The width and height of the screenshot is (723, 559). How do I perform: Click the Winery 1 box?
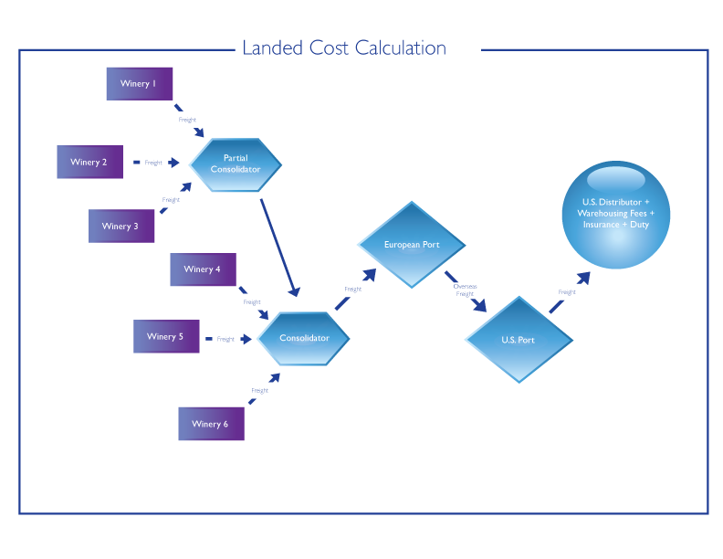pos(139,84)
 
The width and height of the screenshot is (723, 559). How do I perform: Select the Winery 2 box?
pos(89,162)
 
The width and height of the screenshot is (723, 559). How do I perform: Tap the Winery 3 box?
pos(120,226)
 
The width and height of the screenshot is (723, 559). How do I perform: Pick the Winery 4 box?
pos(203,269)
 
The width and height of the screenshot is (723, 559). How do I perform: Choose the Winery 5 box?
pos(165,336)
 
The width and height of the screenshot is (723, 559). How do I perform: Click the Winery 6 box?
pos(211,424)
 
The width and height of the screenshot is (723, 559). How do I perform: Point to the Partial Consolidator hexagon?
pos(236,163)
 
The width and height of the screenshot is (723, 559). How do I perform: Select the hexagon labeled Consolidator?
pos(304,338)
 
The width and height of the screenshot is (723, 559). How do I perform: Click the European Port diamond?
pos(412,245)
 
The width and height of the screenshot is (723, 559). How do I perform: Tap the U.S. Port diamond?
pos(519,340)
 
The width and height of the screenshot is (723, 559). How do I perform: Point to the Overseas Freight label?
pos(465,290)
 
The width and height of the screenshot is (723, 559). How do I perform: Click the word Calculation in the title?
pos(399,48)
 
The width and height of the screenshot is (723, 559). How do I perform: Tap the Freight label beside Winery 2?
pos(153,163)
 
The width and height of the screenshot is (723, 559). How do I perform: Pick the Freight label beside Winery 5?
pos(225,339)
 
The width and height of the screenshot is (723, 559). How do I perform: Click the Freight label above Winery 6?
pos(259,390)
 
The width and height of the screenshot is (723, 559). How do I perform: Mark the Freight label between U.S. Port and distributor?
pos(567,292)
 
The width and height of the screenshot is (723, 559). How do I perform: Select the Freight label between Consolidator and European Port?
pos(352,290)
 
